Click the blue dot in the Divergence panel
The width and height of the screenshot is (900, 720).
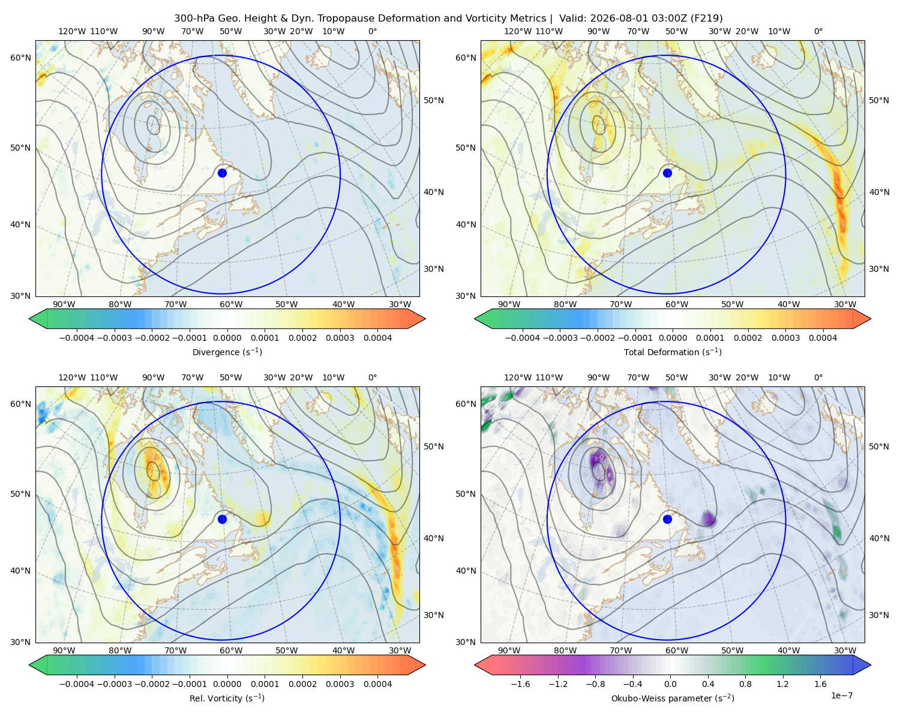point(222,173)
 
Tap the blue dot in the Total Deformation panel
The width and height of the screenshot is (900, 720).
point(667,173)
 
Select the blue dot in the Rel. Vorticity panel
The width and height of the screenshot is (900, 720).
point(222,519)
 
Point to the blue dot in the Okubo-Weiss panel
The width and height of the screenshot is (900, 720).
point(667,519)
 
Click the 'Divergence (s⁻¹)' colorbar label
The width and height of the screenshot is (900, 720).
point(227,352)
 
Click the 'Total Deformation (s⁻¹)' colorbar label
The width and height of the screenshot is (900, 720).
point(673,352)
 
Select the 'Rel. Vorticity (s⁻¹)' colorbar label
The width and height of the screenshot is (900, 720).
point(227,698)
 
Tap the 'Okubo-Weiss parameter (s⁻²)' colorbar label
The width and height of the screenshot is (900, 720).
point(673,698)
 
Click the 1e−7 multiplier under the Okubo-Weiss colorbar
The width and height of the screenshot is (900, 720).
point(841,695)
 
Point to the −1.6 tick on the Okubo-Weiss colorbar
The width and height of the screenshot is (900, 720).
point(520,683)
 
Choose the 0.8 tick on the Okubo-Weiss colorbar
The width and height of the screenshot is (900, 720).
point(745,683)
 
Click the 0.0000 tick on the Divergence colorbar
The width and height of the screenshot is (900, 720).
point(227,338)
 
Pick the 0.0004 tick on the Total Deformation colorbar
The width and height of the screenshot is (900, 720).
point(823,338)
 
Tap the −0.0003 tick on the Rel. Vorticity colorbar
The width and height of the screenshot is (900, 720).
point(114,683)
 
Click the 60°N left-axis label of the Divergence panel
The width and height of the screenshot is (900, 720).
point(20,58)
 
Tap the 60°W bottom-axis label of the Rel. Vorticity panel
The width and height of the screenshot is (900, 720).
point(231,650)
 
